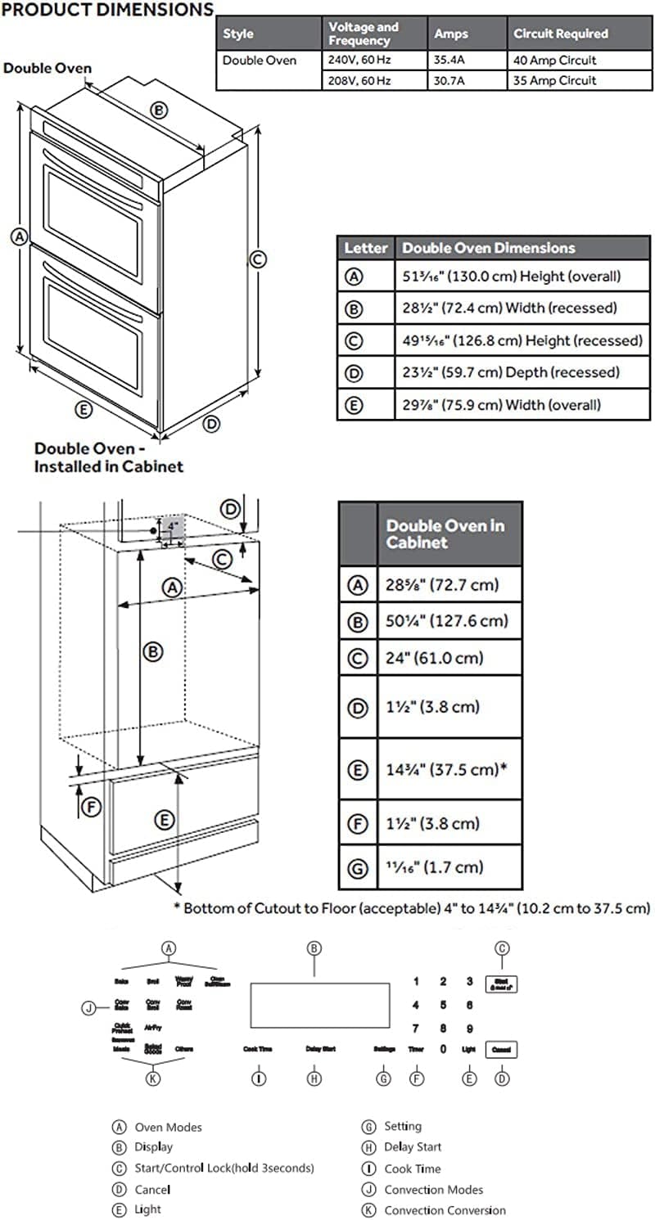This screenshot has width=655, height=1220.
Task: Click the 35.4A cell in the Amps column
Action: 452,61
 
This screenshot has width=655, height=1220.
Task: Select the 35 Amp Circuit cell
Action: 554,80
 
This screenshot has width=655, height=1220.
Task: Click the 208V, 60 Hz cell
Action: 361,80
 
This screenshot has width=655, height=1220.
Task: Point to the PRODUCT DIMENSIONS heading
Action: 107,10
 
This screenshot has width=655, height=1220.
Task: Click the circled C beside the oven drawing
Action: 257,259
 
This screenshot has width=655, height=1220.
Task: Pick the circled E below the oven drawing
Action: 82,411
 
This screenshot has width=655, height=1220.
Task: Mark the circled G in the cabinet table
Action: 357,867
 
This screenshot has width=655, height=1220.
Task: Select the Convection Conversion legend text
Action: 445,1210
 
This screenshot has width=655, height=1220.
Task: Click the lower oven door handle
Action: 98,277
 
